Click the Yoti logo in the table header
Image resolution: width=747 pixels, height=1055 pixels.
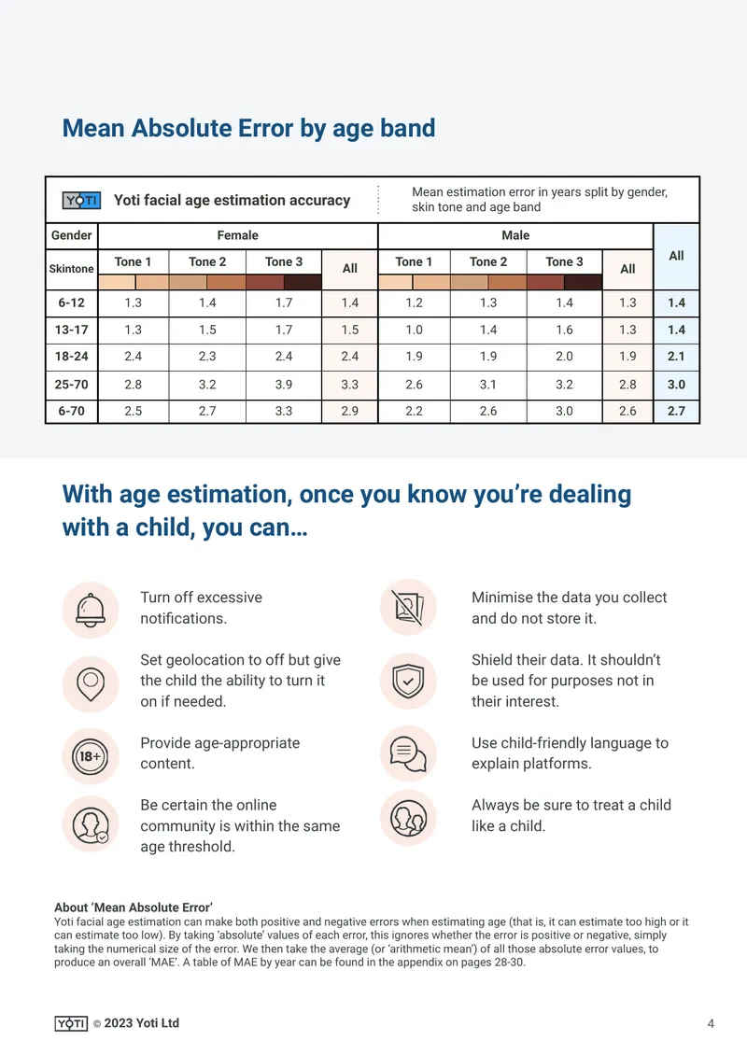pyautogui.click(x=81, y=200)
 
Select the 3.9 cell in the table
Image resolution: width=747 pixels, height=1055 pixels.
pyautogui.click(x=284, y=384)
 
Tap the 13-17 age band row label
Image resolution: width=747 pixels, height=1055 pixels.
pyautogui.click(x=71, y=330)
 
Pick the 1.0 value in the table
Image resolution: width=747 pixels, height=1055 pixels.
pyautogui.click(x=414, y=330)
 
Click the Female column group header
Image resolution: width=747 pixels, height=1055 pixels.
pyautogui.click(x=237, y=235)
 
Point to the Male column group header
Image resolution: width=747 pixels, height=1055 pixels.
pyautogui.click(x=515, y=235)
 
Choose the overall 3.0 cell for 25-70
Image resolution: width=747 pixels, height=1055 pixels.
pyautogui.click(x=676, y=384)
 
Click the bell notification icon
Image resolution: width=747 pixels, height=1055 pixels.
pyautogui.click(x=91, y=611)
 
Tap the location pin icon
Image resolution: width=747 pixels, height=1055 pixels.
pyautogui.click(x=91, y=684)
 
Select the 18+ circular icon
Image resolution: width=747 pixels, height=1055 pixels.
pyautogui.click(x=91, y=756)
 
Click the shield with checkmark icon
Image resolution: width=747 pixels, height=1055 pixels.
pyautogui.click(x=408, y=681)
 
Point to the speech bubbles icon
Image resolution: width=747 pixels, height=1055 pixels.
pyautogui.click(x=408, y=753)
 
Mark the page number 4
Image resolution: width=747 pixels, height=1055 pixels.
pyautogui.click(x=711, y=1023)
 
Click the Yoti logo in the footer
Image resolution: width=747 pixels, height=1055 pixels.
pyautogui.click(x=71, y=1023)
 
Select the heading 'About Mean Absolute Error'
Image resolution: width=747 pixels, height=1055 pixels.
pyautogui.click(x=134, y=907)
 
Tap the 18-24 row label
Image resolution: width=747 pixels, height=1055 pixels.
pyautogui.click(x=71, y=357)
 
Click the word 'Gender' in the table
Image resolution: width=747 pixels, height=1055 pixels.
pyautogui.click(x=71, y=235)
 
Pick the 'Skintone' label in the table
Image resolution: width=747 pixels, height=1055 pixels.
pyautogui.click(x=71, y=269)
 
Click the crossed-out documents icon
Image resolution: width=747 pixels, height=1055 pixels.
pyautogui.click(x=408, y=608)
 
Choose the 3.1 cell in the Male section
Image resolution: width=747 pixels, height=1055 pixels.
pyautogui.click(x=488, y=384)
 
